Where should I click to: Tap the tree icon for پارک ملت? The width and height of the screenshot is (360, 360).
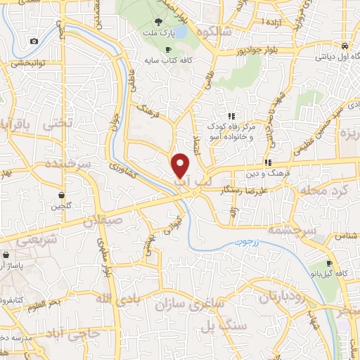167,21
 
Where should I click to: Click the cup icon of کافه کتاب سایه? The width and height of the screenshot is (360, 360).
167,49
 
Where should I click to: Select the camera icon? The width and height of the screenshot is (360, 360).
34,41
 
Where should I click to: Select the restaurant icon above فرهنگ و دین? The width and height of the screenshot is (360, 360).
266,161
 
